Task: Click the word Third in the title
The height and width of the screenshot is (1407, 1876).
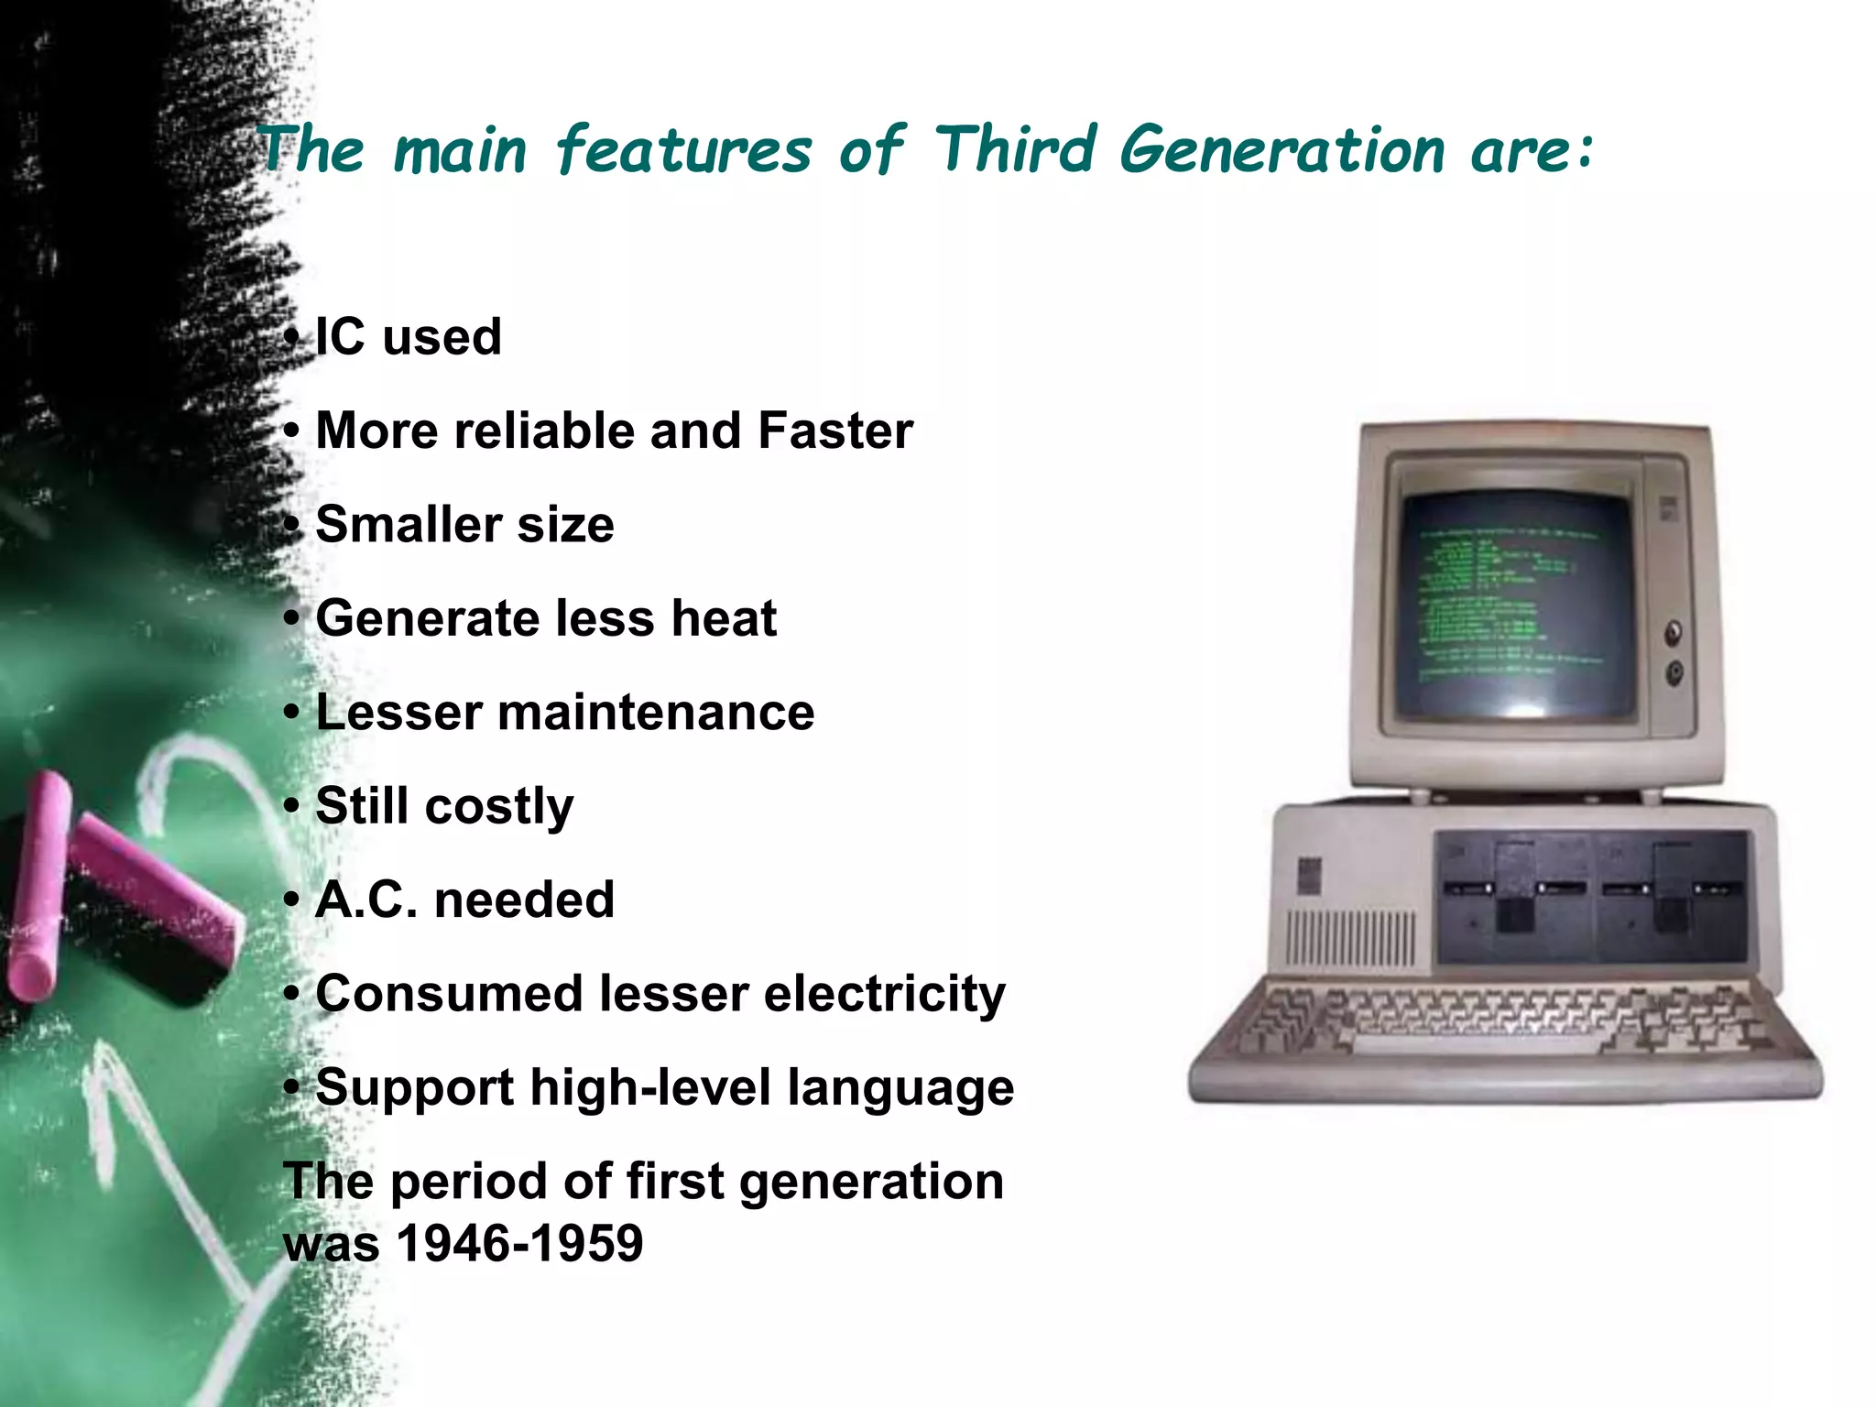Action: point(1015,149)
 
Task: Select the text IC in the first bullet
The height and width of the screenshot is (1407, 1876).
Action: point(340,336)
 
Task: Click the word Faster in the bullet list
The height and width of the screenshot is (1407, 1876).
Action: point(834,431)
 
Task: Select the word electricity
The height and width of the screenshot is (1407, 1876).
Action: point(884,994)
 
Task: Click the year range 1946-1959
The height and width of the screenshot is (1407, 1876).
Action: point(519,1244)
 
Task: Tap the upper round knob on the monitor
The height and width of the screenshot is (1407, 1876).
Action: point(1674,632)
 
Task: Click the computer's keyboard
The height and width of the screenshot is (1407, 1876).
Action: point(1502,1026)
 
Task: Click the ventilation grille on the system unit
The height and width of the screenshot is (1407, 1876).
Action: point(1350,939)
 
